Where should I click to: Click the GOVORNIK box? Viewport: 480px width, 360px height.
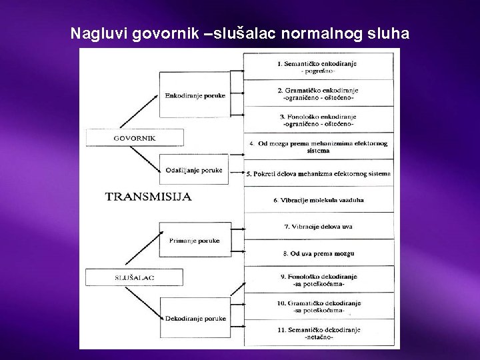pos(125,138)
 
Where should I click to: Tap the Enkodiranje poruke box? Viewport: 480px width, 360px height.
pos(195,95)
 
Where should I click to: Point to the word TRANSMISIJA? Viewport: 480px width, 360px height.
pos(148,196)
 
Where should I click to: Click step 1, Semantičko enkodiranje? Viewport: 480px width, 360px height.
pos(317,65)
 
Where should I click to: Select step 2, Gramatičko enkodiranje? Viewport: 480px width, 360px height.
pos(317,93)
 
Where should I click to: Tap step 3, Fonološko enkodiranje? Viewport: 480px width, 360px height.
pos(317,119)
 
